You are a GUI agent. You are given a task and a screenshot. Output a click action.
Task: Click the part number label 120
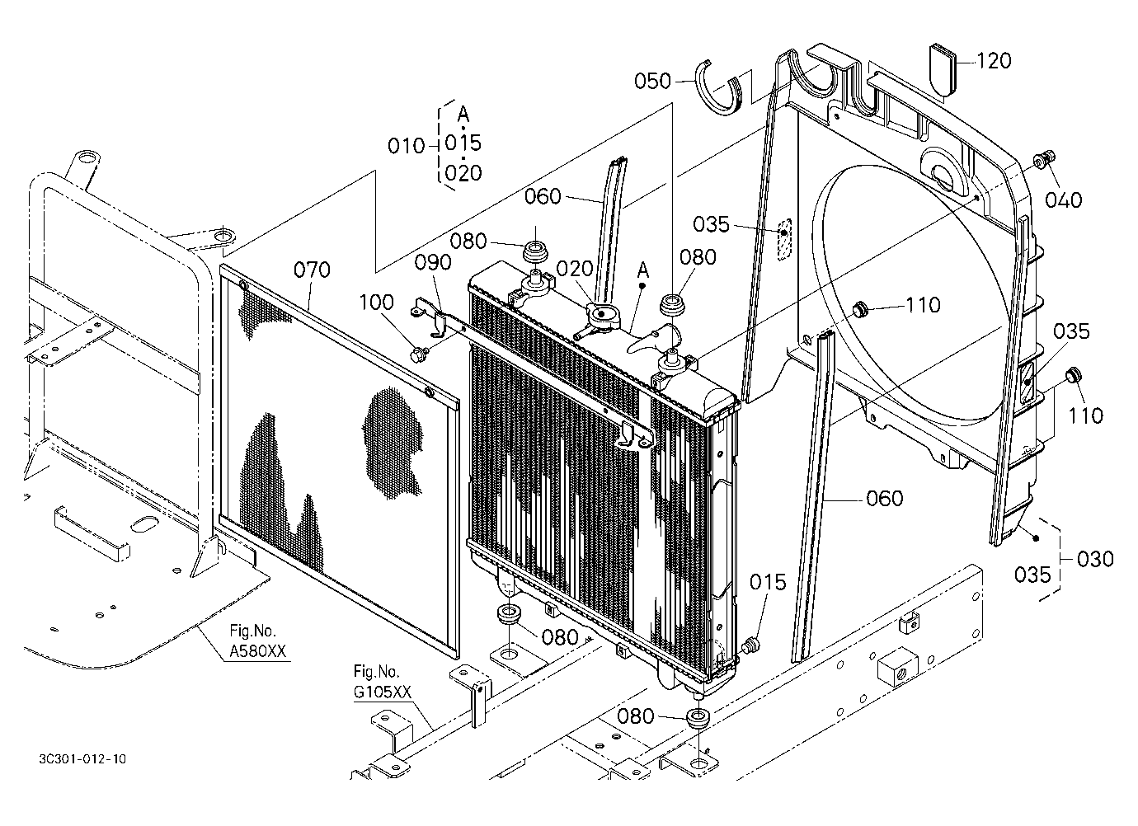click(x=995, y=61)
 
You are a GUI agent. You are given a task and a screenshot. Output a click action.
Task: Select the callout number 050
click(x=653, y=82)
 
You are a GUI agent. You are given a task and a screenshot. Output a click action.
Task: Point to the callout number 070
click(x=312, y=270)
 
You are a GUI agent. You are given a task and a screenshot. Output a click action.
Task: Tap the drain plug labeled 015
click(x=750, y=646)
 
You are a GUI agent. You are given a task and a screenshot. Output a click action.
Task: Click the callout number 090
click(x=433, y=263)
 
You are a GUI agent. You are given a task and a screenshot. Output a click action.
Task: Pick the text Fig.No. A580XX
click(x=257, y=641)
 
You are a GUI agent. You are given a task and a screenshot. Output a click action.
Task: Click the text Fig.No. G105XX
click(x=382, y=682)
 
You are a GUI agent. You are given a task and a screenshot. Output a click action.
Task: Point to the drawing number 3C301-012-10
click(x=82, y=759)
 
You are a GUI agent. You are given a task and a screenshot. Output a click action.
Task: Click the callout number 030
click(x=1095, y=559)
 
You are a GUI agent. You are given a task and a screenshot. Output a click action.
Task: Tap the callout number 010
click(x=407, y=146)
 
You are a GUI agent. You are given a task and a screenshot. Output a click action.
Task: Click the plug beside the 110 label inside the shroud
click(x=859, y=308)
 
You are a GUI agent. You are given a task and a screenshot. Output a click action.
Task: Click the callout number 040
click(x=1063, y=200)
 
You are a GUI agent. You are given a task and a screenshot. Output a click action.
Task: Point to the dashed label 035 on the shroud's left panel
click(x=711, y=224)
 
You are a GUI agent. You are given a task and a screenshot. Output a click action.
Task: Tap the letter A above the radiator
click(x=643, y=270)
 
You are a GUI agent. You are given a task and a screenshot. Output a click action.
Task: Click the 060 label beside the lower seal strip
click(x=885, y=499)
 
